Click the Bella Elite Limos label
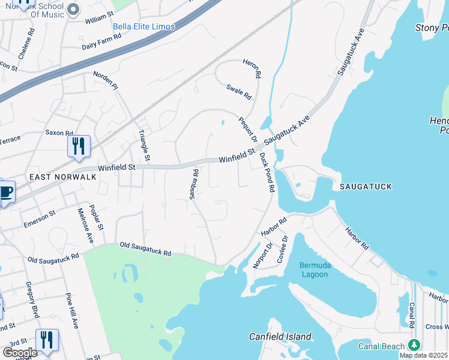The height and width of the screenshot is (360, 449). [x=144, y=27]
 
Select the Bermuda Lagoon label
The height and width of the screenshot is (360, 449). [x=314, y=270]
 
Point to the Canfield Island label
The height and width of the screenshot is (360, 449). [x=281, y=337]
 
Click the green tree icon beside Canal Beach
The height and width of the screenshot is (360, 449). [x=414, y=345]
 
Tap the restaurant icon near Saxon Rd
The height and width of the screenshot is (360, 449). [x=79, y=146]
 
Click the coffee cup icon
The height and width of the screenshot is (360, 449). [x=6, y=193]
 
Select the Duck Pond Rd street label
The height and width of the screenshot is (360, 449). [x=267, y=172]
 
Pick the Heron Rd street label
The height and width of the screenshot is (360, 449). [x=252, y=69]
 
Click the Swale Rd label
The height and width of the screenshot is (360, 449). [x=238, y=92]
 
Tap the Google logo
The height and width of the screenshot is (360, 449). [x=19, y=353]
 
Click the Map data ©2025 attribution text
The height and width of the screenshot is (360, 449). [x=423, y=355]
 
